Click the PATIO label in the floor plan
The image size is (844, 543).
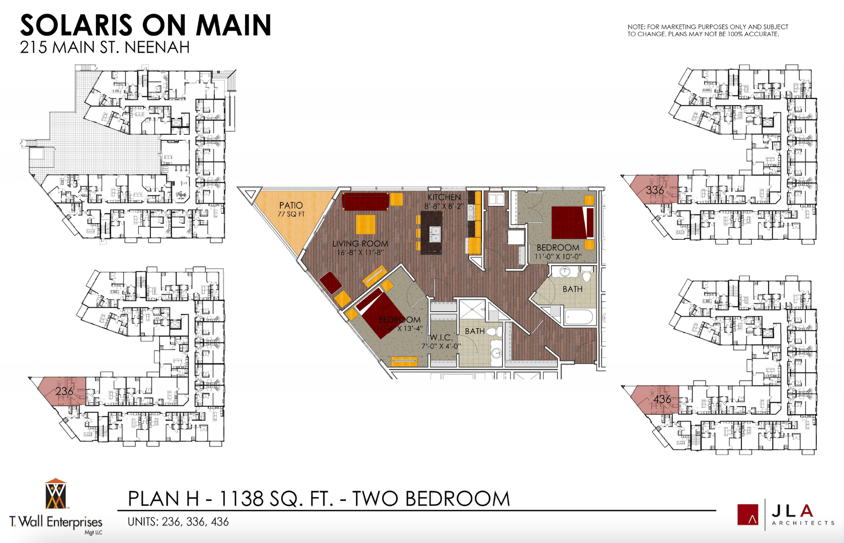[x=291, y=205]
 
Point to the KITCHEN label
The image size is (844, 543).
[x=444, y=197]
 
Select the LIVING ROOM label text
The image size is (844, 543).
[x=360, y=243]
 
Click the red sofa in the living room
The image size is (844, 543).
[x=365, y=201]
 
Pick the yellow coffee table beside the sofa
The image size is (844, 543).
[x=366, y=224]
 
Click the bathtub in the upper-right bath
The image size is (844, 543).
[x=578, y=317]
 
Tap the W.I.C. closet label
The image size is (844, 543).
[x=441, y=337]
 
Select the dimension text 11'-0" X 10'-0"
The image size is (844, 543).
[x=558, y=256]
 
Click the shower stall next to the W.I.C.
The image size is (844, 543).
[x=472, y=309]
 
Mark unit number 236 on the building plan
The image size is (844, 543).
[x=64, y=391]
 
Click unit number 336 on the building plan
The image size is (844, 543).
[x=654, y=190]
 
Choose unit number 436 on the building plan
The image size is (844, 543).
[x=662, y=399]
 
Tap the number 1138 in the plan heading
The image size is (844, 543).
[x=241, y=499]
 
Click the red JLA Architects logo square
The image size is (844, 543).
[x=747, y=514]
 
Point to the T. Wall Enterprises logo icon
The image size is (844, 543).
[x=55, y=494]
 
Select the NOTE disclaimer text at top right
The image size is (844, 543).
[x=707, y=30]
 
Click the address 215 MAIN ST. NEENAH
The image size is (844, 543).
[x=105, y=47]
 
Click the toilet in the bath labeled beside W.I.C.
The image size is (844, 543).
[x=495, y=332]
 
